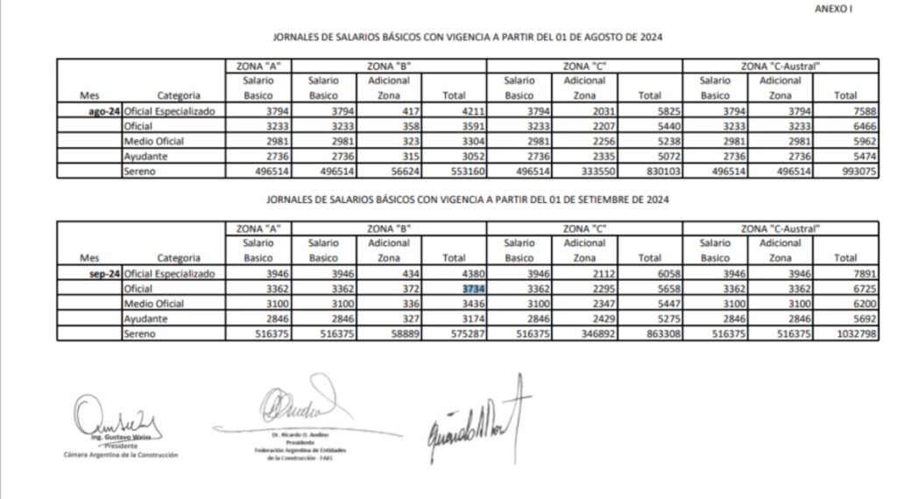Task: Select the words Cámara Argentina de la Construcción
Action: pyautogui.click(x=121, y=455)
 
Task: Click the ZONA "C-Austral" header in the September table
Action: pyautogui.click(x=780, y=228)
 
